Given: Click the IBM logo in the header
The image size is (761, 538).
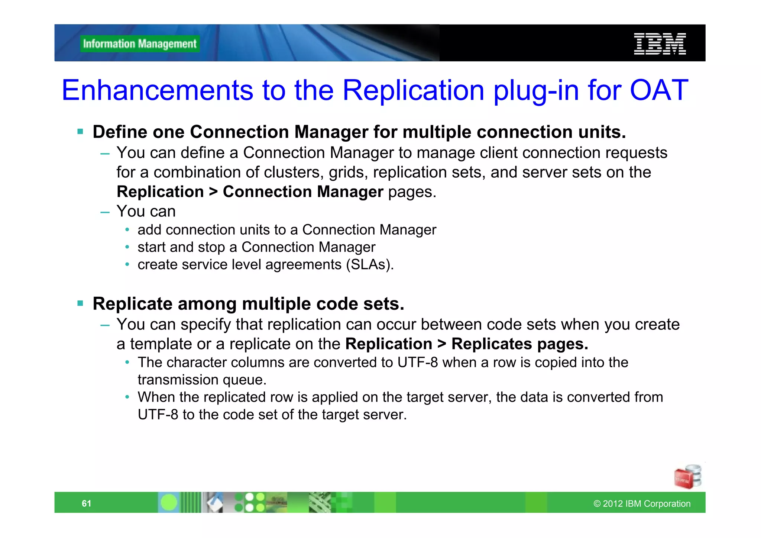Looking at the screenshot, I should tap(660, 44).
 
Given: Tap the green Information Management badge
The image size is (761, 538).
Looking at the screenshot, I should tap(140, 44).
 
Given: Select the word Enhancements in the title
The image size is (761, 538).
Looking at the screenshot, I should tap(157, 90).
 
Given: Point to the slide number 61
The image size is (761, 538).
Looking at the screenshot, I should tap(87, 503).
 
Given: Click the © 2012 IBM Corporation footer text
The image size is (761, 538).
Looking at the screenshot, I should tap(642, 504).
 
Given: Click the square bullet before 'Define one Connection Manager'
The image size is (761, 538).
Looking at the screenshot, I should tap(80, 132).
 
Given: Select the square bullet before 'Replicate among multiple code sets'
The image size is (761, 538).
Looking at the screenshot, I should tap(80, 303).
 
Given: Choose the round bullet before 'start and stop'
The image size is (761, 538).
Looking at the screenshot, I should tap(127, 247).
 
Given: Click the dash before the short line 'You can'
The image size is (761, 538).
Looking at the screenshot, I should tap(105, 212).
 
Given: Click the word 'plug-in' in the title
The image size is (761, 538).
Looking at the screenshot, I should tap(536, 90).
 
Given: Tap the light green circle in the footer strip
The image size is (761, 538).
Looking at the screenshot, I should tap(169, 503).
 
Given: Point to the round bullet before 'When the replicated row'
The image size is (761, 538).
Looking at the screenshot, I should tap(127, 397).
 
